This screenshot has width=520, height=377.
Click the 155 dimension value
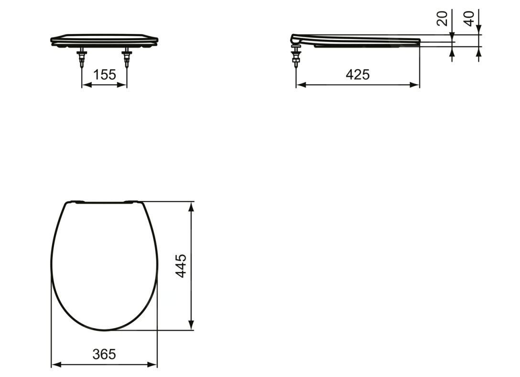[105, 75]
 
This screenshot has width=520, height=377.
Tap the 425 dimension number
[357, 75]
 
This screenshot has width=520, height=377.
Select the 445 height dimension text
[181, 266]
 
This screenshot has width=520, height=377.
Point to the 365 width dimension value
[104, 355]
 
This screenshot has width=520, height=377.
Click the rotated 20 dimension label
[442, 19]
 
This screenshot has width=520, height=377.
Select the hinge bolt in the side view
[295, 56]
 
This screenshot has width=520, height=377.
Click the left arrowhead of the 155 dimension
[86, 85]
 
